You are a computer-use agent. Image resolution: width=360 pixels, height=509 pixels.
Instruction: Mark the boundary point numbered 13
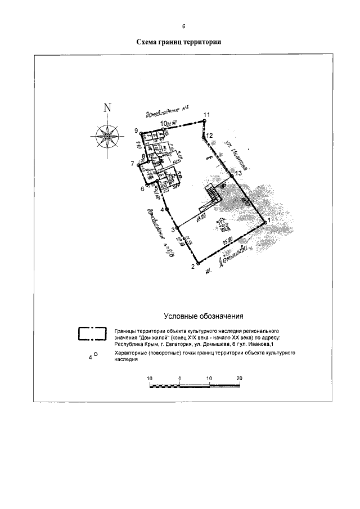231,175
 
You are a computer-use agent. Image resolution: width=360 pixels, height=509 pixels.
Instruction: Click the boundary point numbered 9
141,134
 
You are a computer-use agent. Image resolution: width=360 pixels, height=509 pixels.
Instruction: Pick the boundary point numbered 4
168,209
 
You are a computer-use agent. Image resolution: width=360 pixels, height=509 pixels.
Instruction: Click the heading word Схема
149,42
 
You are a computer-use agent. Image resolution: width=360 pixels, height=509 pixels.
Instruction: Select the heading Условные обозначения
202,316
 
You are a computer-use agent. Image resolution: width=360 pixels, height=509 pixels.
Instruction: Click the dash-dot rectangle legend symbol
92,334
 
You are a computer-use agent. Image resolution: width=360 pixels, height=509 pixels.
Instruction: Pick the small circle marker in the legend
96,354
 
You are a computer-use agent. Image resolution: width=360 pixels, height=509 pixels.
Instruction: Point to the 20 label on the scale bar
239,377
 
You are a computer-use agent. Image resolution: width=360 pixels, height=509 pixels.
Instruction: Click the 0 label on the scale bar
179,377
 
